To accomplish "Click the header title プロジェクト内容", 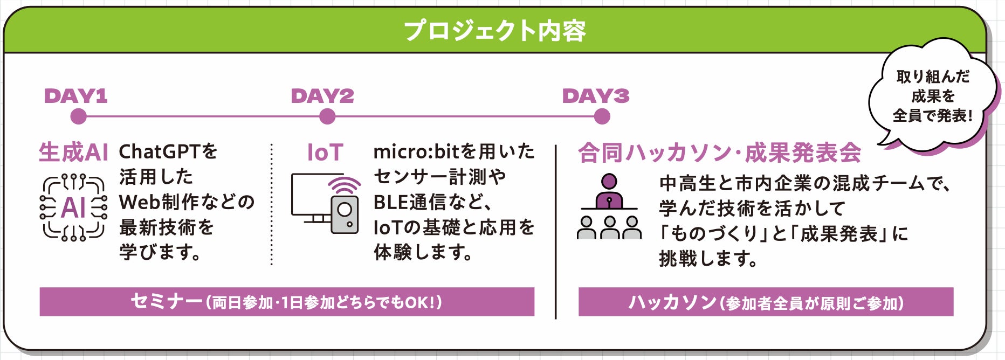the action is [494, 31].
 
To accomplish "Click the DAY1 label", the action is [76, 96].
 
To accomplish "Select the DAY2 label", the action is [322, 96].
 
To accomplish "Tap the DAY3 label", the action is [595, 96].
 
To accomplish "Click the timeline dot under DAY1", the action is [79, 116].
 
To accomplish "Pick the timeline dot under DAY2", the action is [327, 116].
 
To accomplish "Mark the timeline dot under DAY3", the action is [602, 116].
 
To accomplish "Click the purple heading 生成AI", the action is [73, 153].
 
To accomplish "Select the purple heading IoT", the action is [325, 153].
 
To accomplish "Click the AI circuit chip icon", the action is [73, 207].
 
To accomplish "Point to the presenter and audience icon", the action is [609, 207].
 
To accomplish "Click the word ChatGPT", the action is [160, 152].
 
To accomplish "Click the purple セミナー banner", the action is [287, 302].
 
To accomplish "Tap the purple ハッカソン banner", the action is [766, 302].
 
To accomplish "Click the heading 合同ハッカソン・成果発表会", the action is [719, 153].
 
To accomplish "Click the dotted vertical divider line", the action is [272, 205].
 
